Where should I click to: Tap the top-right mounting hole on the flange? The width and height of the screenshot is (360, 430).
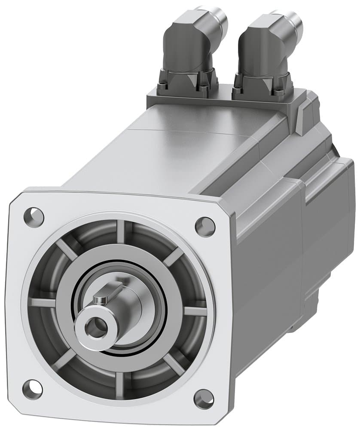tap(205, 225)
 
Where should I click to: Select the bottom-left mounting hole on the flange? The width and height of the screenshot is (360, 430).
tap(32, 389)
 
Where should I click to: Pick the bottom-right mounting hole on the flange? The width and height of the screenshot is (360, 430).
tap(203, 399)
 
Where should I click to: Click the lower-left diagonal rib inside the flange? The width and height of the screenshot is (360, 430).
tap(64, 359)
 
